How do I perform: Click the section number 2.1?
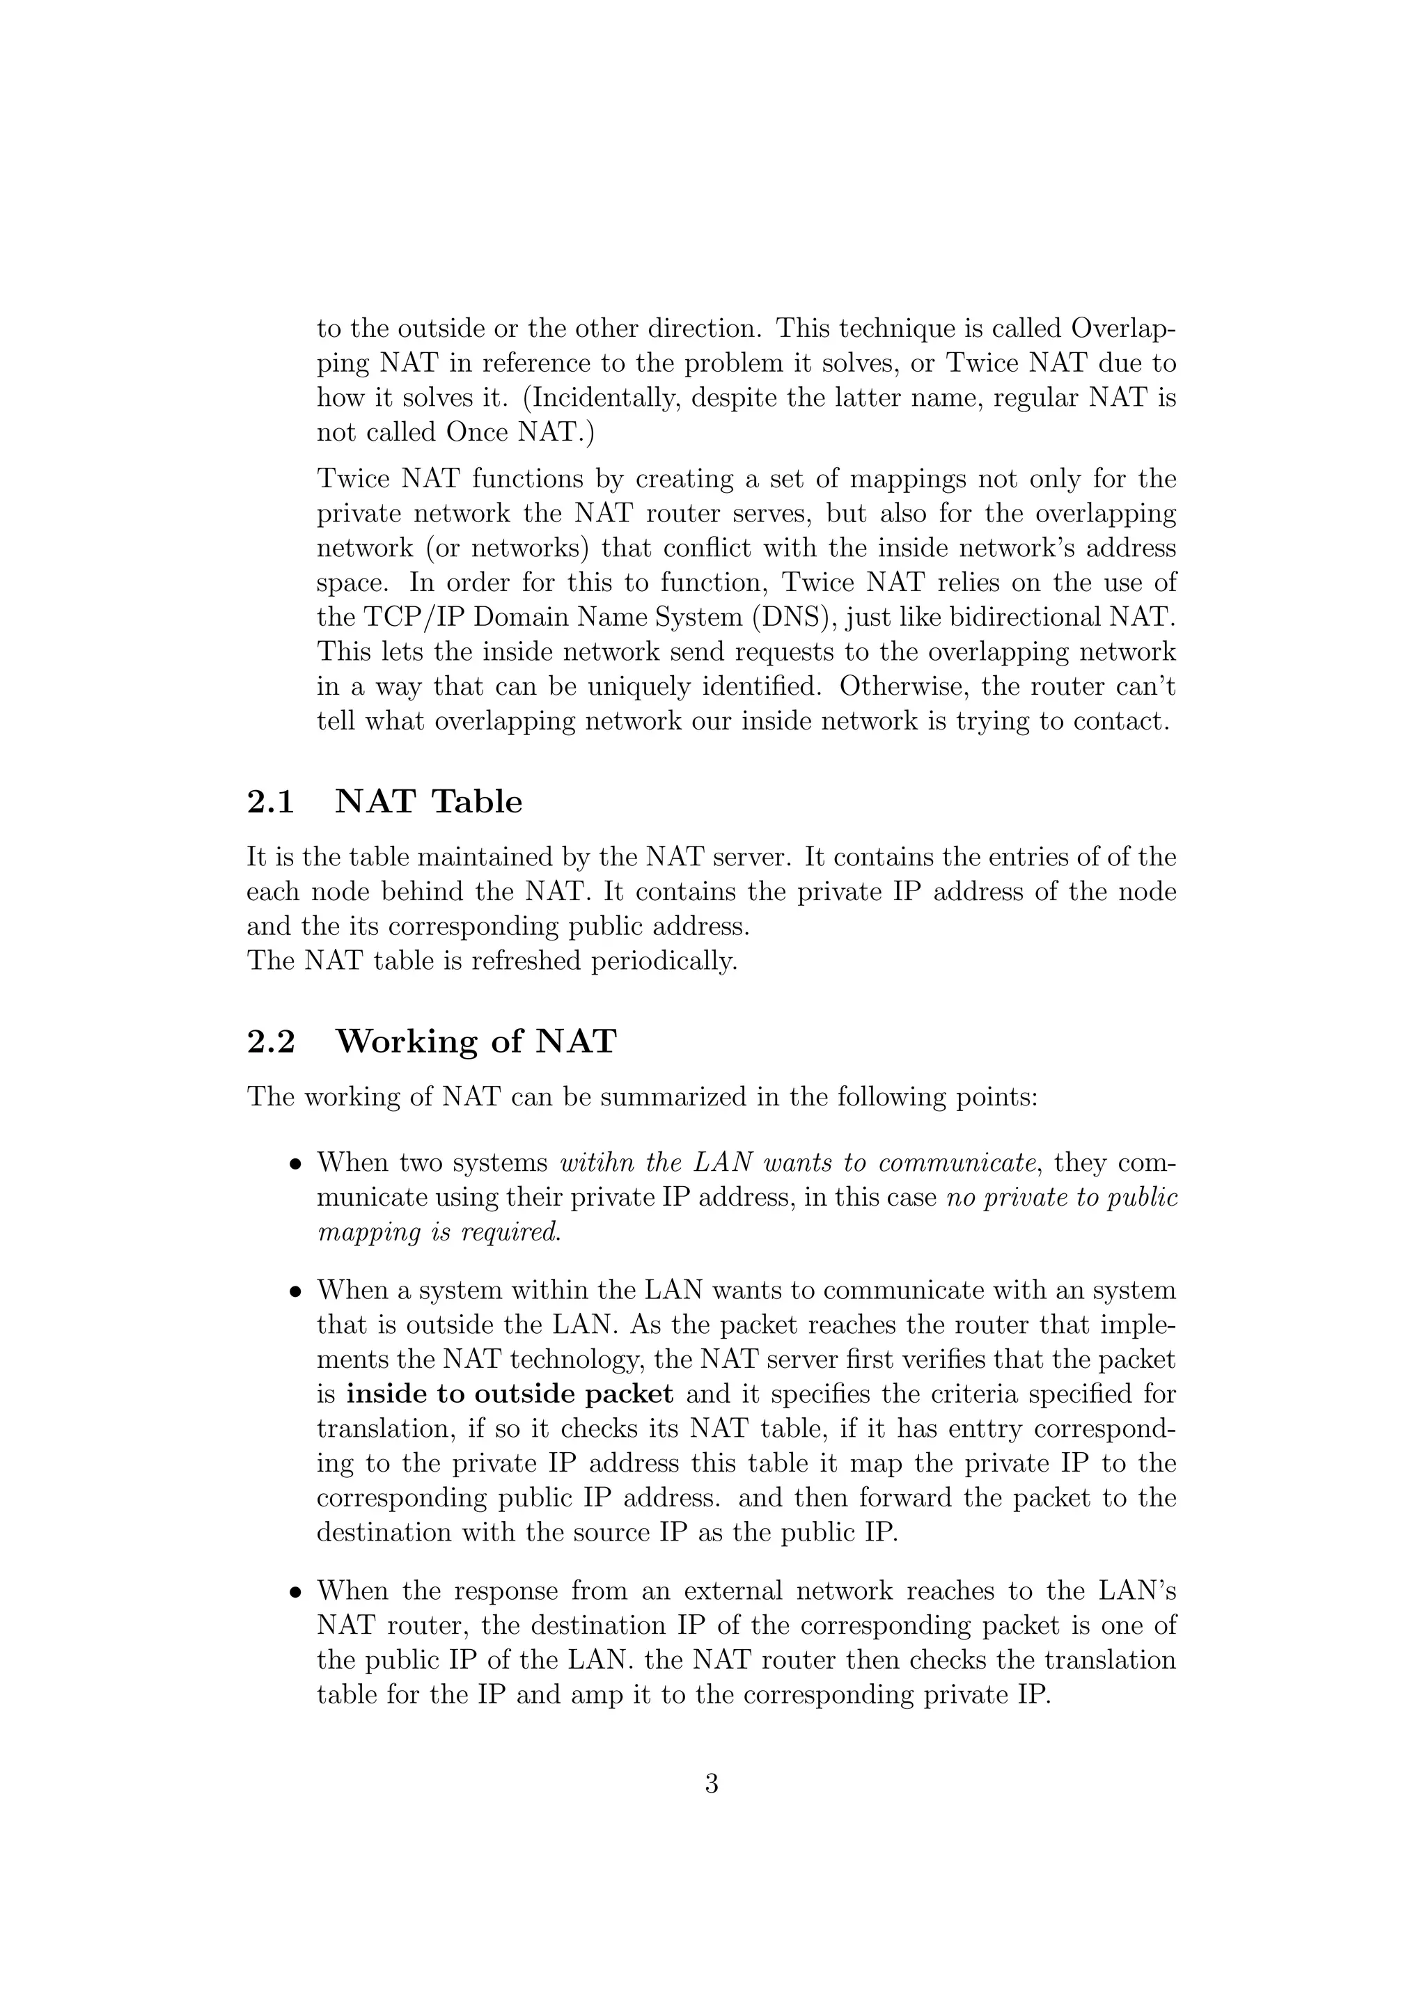[269, 802]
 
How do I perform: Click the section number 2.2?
[270, 1041]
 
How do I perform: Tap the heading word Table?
[477, 802]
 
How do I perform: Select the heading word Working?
[407, 1042]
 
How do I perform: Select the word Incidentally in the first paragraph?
[606, 397]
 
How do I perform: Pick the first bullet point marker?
[297, 1165]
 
